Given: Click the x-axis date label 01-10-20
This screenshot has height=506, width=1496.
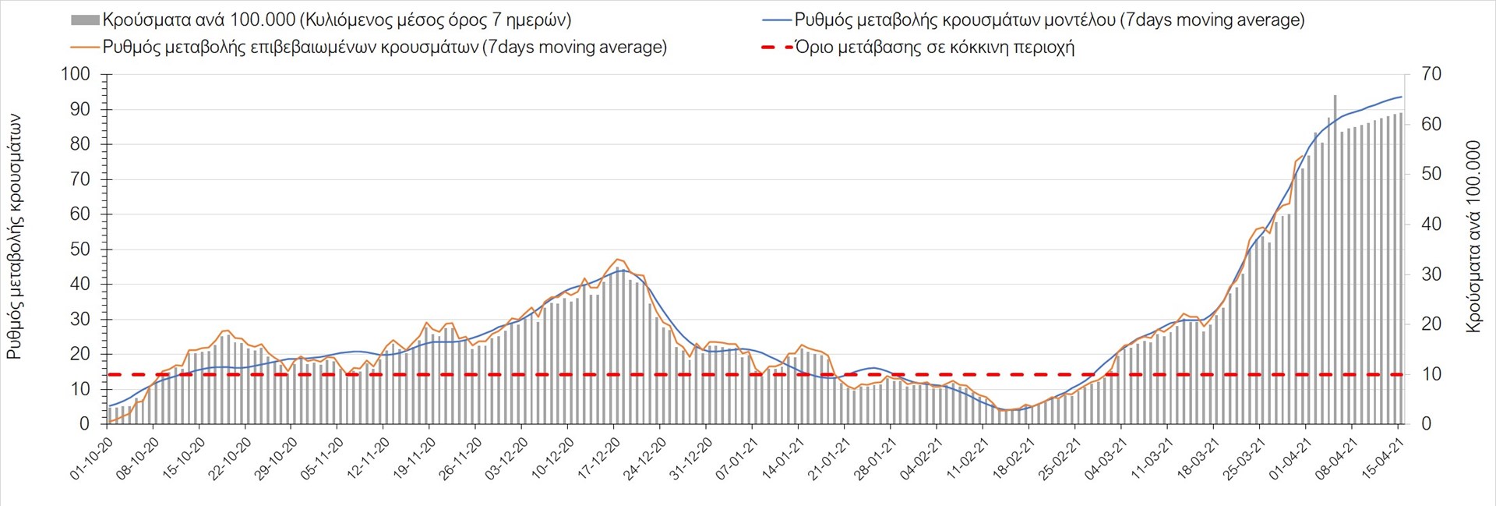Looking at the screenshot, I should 93,458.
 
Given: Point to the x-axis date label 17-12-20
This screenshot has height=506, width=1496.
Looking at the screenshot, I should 599,458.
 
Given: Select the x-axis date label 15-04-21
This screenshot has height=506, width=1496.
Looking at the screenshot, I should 1384,458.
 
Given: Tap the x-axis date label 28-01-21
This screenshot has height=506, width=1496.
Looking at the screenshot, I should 876,458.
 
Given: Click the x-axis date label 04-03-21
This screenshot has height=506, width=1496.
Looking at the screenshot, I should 1106,458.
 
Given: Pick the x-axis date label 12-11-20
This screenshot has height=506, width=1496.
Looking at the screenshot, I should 369,458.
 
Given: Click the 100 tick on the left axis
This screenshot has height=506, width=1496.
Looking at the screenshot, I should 76,75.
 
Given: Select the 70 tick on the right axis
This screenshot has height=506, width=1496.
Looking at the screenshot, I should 1431,75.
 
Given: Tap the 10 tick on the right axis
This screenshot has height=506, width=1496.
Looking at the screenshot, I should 1431,374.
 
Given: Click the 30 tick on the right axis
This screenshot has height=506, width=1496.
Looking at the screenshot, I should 1431,274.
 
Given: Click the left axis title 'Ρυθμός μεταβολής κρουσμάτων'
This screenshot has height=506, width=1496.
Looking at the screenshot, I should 14,236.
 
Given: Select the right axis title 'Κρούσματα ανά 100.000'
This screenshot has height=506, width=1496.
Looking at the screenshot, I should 1473,236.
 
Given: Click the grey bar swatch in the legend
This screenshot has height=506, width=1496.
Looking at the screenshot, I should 85,20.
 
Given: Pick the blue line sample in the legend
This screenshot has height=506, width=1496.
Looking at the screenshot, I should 776,20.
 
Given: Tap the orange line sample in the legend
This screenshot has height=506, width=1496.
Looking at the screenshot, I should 85,48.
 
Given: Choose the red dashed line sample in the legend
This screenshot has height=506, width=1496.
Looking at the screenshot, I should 776,48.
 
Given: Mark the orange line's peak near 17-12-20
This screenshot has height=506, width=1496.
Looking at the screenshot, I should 618,260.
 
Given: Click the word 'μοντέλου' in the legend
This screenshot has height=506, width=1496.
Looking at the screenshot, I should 1078,20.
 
